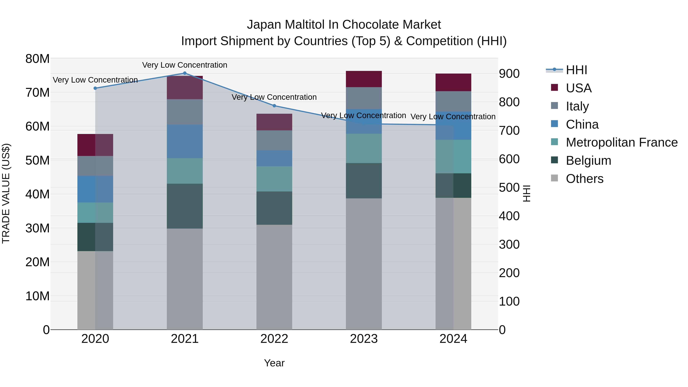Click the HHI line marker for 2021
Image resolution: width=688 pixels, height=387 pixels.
click(x=185, y=73)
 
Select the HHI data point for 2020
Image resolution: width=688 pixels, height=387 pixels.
click(x=95, y=88)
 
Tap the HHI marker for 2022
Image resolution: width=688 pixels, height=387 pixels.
click(x=274, y=106)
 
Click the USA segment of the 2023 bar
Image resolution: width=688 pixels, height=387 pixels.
click(x=363, y=79)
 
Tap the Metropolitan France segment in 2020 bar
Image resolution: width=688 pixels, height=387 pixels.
click(x=95, y=213)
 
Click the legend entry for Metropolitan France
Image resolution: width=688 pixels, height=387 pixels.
click(x=621, y=142)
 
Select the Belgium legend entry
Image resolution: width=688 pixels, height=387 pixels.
click(x=588, y=161)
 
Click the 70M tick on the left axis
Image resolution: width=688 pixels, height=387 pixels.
click(x=37, y=93)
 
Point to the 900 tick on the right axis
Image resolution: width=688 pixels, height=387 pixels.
click(x=509, y=74)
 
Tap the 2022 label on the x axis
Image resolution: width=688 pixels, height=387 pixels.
click(x=274, y=339)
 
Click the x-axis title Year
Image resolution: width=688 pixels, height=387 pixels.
click(x=274, y=363)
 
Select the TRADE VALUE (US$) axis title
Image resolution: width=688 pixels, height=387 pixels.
click(x=6, y=193)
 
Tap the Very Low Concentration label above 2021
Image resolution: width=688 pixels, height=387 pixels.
click(x=185, y=65)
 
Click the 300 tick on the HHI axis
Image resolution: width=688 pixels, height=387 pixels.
click(x=509, y=244)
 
